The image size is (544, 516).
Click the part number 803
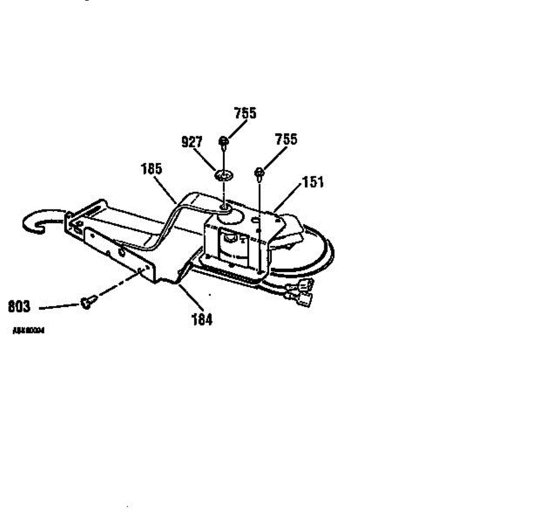coord(19,307)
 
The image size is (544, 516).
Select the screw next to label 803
coord(88,302)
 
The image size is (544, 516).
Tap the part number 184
coord(202,320)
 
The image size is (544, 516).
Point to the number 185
coord(151,169)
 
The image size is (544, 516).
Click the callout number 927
coord(192,142)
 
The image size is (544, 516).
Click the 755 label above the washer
coord(245,113)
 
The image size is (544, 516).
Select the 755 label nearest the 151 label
coord(286,139)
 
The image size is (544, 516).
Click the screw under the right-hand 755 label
coord(259,173)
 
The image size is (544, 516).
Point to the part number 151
coord(313,182)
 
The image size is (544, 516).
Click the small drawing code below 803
coord(28,331)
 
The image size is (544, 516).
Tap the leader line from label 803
coord(59,307)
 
